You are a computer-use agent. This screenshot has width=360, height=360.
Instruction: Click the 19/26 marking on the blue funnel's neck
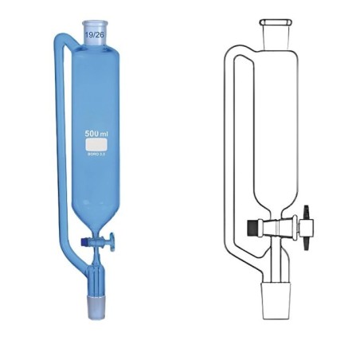point(94,34)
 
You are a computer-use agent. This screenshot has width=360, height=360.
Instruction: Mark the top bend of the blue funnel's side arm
point(61,37)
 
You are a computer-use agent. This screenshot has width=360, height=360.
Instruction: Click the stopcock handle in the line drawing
point(306,216)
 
